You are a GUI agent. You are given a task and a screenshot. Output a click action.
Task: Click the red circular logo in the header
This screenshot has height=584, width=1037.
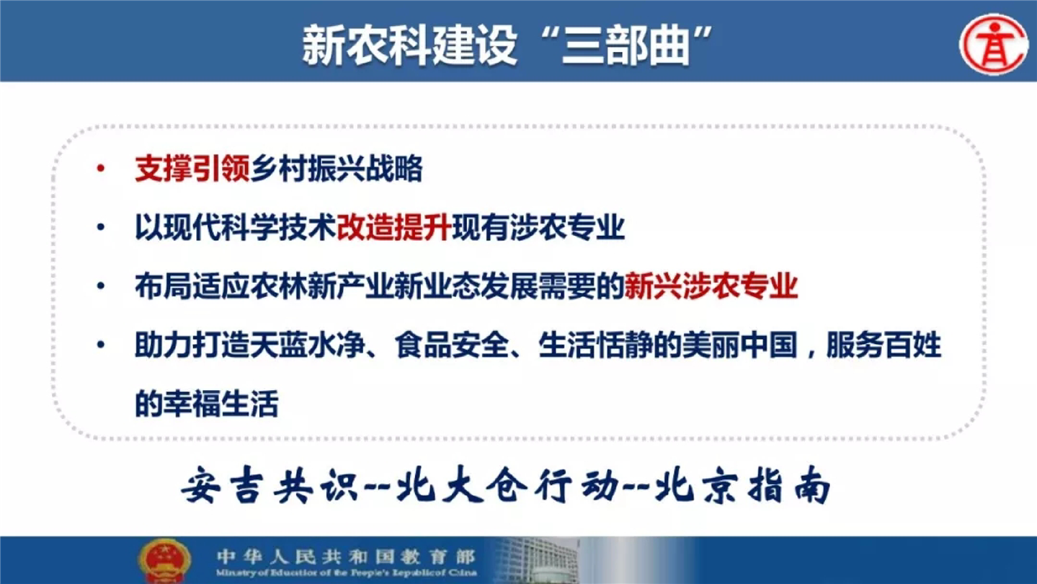(994, 45)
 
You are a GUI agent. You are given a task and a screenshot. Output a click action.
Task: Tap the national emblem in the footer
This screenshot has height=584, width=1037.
(164, 560)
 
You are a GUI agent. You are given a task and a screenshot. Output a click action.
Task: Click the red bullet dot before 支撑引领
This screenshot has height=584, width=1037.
(101, 168)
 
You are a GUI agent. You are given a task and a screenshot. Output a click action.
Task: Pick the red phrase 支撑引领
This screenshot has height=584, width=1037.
(192, 168)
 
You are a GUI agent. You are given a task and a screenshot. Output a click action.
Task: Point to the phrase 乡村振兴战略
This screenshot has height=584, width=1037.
(337, 168)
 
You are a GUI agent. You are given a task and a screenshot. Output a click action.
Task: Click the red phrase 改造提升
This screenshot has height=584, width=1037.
(394, 227)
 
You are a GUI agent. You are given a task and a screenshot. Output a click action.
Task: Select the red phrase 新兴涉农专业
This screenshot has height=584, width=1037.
(711, 286)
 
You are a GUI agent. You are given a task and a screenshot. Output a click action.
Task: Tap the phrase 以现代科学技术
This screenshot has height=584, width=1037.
(236, 227)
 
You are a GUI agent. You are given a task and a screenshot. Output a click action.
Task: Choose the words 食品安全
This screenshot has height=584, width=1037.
(452, 345)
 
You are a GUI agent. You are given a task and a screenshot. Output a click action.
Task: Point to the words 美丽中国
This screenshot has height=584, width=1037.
(740, 345)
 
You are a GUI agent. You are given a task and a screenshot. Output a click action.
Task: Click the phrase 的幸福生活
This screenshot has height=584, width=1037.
(207, 403)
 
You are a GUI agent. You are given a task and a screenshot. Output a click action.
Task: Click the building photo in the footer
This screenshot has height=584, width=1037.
(537, 560)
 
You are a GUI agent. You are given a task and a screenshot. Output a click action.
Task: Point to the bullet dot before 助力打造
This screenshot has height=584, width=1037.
(101, 345)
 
